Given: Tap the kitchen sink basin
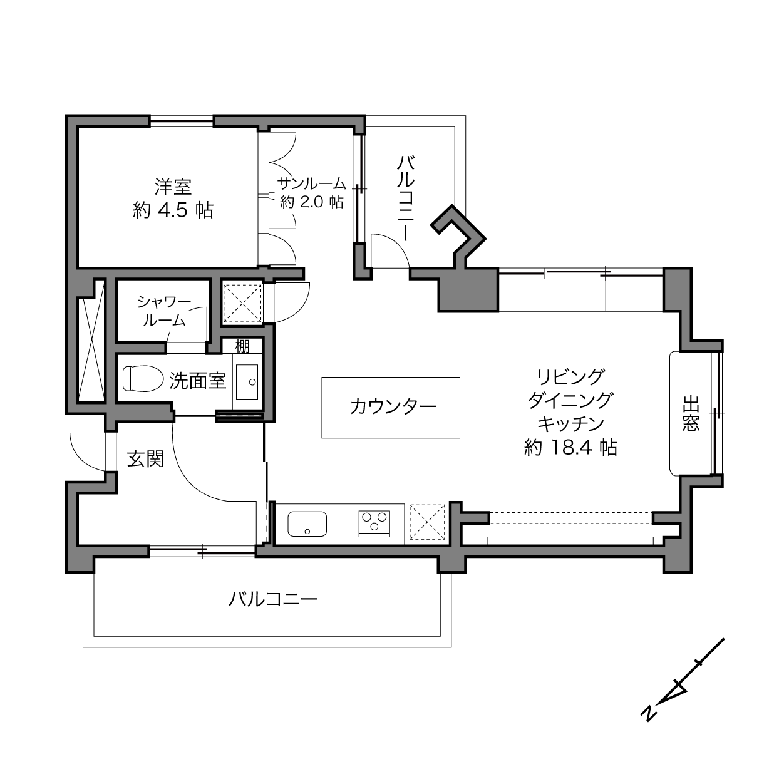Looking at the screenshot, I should click(x=307, y=524).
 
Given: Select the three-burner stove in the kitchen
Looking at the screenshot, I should click(x=374, y=523).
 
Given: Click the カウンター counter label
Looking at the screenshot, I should click(x=393, y=406).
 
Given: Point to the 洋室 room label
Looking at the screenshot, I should click(x=173, y=187).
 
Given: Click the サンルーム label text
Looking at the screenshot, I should click(x=311, y=183).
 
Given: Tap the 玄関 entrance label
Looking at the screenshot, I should click(x=145, y=459).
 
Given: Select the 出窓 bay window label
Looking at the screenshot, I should click(x=691, y=413).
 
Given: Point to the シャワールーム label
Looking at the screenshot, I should click(x=164, y=311).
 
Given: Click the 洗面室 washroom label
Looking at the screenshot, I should click(x=197, y=380).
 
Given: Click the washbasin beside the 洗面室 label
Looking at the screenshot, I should click(x=250, y=381).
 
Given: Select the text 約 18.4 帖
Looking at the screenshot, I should click(x=570, y=447).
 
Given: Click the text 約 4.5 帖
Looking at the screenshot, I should click(x=173, y=210).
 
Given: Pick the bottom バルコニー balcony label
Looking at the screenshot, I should click(x=273, y=600).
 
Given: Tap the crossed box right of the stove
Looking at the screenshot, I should click(x=428, y=522).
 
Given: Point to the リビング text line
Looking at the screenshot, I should click(x=570, y=377).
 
